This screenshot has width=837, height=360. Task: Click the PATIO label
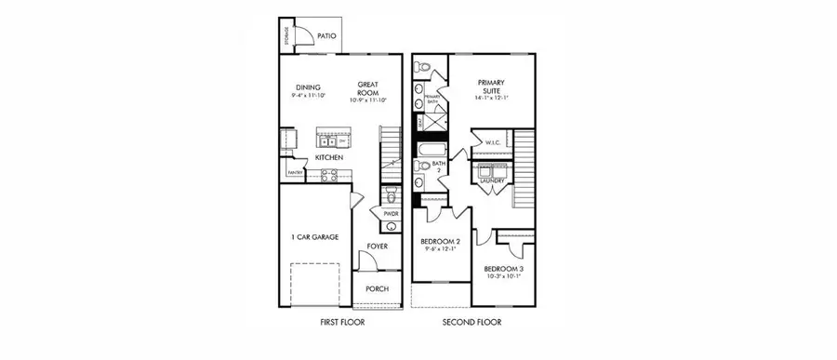point(326,36)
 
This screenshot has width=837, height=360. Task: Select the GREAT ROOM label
point(369,88)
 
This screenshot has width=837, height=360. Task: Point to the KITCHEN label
point(329,158)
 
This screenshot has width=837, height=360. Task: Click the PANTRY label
point(296,172)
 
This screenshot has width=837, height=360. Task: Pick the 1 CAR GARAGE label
point(313,237)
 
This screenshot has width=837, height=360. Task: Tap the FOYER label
point(377,247)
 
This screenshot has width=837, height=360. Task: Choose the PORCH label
point(377,288)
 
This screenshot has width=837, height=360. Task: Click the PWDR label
point(391,214)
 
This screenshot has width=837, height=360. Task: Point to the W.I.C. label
point(493,142)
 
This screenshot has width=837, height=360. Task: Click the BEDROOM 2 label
point(440,241)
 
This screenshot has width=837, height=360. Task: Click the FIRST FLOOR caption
point(337,323)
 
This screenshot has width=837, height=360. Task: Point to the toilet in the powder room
point(391,195)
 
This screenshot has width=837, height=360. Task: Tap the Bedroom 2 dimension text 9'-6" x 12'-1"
point(440,249)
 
